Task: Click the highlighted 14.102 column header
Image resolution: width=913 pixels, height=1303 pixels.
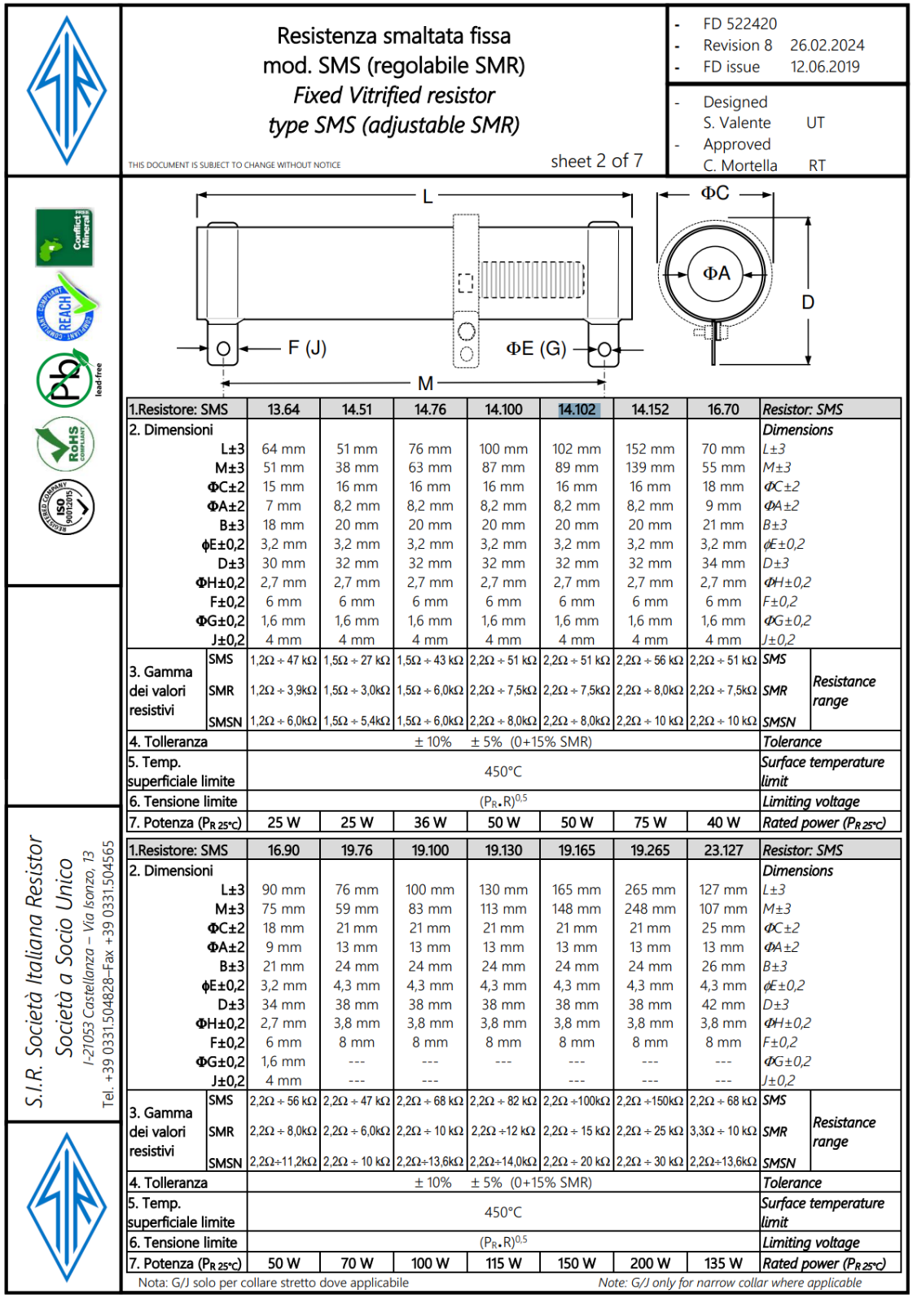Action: pos(577,410)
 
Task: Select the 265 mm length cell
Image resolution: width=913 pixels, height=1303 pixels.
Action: pos(650,890)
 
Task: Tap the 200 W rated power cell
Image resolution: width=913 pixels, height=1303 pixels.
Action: pos(650,1263)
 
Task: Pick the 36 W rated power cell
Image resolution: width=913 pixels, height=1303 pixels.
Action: pos(430,823)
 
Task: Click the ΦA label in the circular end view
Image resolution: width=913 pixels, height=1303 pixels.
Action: pos(717,274)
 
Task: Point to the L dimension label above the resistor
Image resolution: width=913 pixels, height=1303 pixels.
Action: pos(427,196)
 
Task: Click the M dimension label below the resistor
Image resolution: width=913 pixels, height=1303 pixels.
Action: pos(425,383)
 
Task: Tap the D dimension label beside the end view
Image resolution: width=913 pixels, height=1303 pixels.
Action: pos(807,302)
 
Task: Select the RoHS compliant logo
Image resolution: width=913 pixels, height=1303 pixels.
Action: pos(66,445)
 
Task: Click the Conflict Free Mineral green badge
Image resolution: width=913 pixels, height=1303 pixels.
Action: pos(64,237)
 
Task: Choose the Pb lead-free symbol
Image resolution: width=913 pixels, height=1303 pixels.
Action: pos(66,378)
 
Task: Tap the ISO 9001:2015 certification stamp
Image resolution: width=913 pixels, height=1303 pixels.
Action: pos(66,507)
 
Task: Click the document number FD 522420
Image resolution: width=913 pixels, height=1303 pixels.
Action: pos(740,24)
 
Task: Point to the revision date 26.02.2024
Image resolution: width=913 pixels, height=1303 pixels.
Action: pos(827,46)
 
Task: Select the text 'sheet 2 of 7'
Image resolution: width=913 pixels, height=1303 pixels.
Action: pos(596,161)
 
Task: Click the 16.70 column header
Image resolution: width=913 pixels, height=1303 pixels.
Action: pos(723,410)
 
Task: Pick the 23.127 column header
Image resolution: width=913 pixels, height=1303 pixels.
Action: pos(723,850)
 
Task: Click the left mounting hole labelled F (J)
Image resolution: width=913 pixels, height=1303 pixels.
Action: pos(223,349)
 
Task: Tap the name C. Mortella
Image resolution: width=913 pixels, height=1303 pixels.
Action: pos(740,165)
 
